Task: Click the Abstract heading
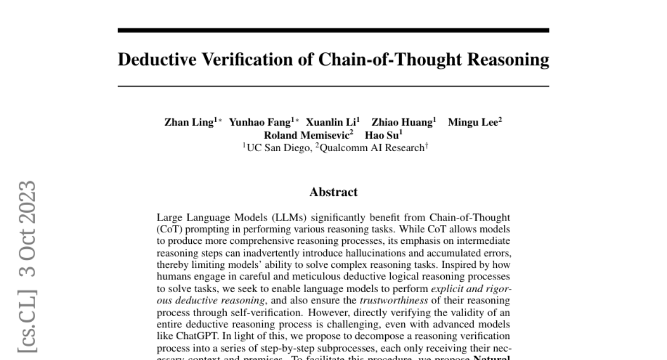coord(333,193)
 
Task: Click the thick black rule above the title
coord(333,30)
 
